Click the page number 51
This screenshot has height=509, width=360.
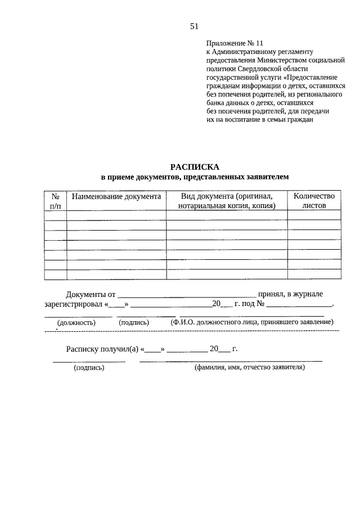pyautogui.click(x=195, y=26)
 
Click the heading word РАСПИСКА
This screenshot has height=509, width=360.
pyautogui.click(x=194, y=167)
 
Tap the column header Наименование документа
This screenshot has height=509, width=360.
pyautogui.click(x=116, y=196)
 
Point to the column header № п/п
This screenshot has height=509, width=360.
pyautogui.click(x=56, y=201)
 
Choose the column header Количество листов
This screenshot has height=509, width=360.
pyautogui.click(x=314, y=201)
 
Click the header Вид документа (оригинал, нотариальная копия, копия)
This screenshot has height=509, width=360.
pyautogui.click(x=227, y=201)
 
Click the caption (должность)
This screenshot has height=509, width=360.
pyautogui.click(x=76, y=323)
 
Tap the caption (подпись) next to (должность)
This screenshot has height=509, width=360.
pyautogui.click(x=134, y=323)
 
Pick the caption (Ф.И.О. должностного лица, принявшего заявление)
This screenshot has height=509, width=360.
pyautogui.click(x=252, y=322)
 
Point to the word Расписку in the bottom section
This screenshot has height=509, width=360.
pyautogui.click(x=82, y=349)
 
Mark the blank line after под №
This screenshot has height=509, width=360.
pyautogui.click(x=299, y=304)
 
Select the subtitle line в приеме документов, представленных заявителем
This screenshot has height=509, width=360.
pyautogui.click(x=194, y=177)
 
